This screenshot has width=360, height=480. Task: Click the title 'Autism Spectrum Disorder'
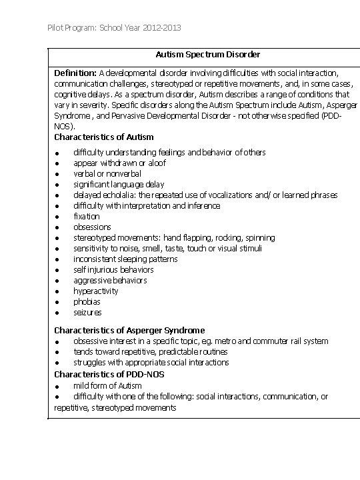pos(208,54)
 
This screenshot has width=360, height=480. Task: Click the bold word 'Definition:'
pos(75,72)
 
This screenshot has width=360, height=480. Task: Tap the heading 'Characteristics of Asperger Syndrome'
pos(129,330)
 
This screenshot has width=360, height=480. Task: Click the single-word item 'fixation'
pos(87,216)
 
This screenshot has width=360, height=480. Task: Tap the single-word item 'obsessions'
pos(92,227)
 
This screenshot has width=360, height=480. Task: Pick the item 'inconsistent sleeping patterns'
pos(125,259)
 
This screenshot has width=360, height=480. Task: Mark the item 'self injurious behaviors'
pos(113,269)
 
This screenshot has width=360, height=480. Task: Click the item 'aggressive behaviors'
pos(110,280)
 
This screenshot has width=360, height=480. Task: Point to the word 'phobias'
pos(87,301)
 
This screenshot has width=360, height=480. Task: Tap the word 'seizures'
pos(88,312)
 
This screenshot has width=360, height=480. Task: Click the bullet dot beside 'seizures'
pos(58,313)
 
